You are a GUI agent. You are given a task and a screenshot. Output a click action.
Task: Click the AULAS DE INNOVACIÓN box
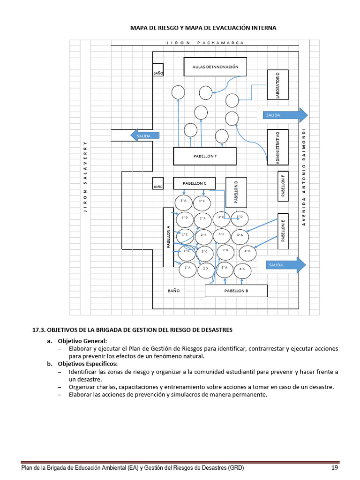point(215,67)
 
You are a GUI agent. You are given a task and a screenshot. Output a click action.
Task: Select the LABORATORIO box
point(277,84)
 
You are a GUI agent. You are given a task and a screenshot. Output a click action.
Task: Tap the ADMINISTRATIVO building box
point(277,147)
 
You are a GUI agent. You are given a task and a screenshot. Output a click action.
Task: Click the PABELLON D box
point(236,192)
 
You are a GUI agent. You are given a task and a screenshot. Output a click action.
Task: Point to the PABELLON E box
point(283,230)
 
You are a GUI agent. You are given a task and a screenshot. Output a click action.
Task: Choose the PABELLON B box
point(236,291)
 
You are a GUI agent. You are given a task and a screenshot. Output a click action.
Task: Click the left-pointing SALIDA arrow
point(145,135)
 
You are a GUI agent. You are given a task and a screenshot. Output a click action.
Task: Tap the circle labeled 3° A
point(184,202)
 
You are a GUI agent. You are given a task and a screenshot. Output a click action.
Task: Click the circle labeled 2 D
point(205,269)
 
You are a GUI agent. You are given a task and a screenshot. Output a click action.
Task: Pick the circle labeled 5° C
point(222,234)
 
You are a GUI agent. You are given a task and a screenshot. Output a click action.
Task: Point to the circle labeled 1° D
point(185,218)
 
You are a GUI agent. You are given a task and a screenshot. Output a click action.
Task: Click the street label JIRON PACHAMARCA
point(205,43)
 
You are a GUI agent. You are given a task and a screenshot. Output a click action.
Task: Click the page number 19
point(335,468)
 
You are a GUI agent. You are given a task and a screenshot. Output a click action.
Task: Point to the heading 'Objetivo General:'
point(82,341)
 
